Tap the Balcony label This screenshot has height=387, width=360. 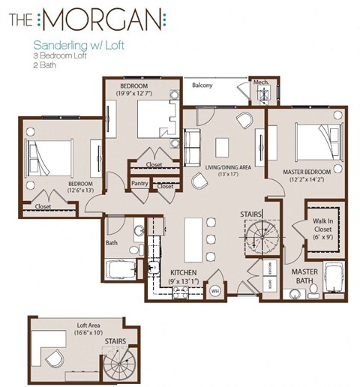[201, 85]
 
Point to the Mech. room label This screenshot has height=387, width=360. [261, 82]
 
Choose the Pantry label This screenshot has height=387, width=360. [139, 182]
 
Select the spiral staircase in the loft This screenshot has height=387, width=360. [118, 363]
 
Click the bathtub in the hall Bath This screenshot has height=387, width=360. [123, 271]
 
